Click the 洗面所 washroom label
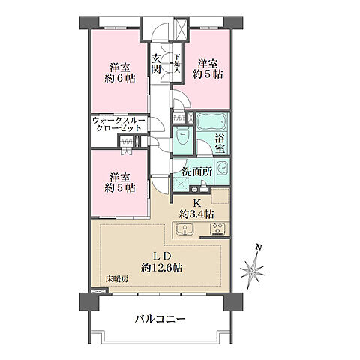[x=197, y=171]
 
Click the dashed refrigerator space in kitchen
[x=221, y=198]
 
